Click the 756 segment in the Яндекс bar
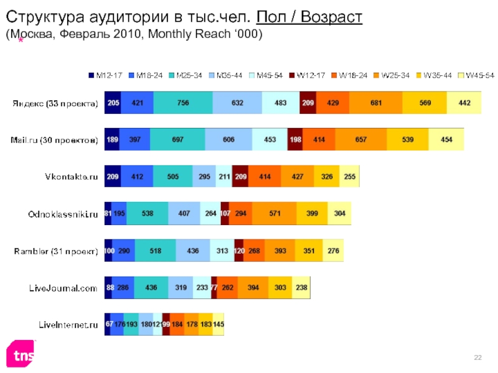(x=183, y=103)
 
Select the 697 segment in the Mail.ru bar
(x=177, y=140)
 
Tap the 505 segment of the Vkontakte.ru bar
(x=173, y=177)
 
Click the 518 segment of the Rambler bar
(x=155, y=251)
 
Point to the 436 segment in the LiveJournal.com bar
(x=151, y=288)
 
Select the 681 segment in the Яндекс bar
(x=376, y=103)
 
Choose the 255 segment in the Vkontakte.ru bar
(x=350, y=177)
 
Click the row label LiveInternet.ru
(x=68, y=325)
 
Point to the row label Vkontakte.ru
(x=71, y=177)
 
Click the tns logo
(x=21, y=354)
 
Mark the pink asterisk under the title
(x=21, y=40)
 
